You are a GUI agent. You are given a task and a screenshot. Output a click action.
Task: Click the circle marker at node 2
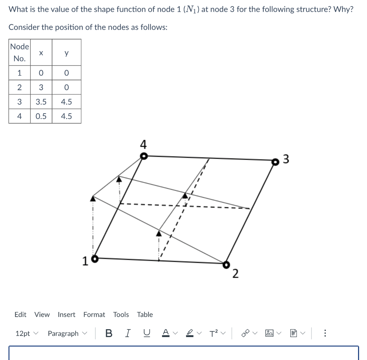(226, 264)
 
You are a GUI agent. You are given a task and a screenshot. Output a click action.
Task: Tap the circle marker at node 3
(275, 162)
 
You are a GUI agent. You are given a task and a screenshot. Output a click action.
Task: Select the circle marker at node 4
(143, 156)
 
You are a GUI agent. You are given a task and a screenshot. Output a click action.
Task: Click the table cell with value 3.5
(41, 102)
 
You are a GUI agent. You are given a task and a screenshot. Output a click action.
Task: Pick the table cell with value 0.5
(41, 116)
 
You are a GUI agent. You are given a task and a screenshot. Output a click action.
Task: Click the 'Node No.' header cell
(20, 52)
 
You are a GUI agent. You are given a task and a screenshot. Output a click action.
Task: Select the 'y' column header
(66, 52)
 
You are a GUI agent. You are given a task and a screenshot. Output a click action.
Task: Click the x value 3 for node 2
(41, 87)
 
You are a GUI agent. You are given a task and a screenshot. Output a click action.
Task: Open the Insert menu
(66, 315)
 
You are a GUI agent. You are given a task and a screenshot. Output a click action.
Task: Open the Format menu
(94, 315)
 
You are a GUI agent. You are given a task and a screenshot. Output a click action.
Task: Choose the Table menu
(145, 315)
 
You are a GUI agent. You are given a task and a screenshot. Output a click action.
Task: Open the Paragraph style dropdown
(67, 333)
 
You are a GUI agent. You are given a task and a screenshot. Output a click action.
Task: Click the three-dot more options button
(325, 333)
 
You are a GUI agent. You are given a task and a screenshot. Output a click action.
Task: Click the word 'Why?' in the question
(343, 9)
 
